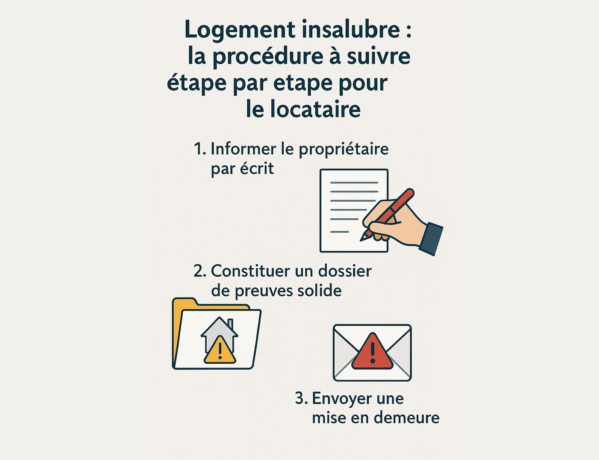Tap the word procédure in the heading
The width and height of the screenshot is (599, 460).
268,56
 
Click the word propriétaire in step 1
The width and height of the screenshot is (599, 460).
344,149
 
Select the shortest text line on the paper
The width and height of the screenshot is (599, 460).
339,232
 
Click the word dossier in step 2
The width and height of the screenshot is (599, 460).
344,271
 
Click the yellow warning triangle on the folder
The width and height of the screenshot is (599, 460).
220,351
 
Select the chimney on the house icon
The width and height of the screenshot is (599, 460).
230,323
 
